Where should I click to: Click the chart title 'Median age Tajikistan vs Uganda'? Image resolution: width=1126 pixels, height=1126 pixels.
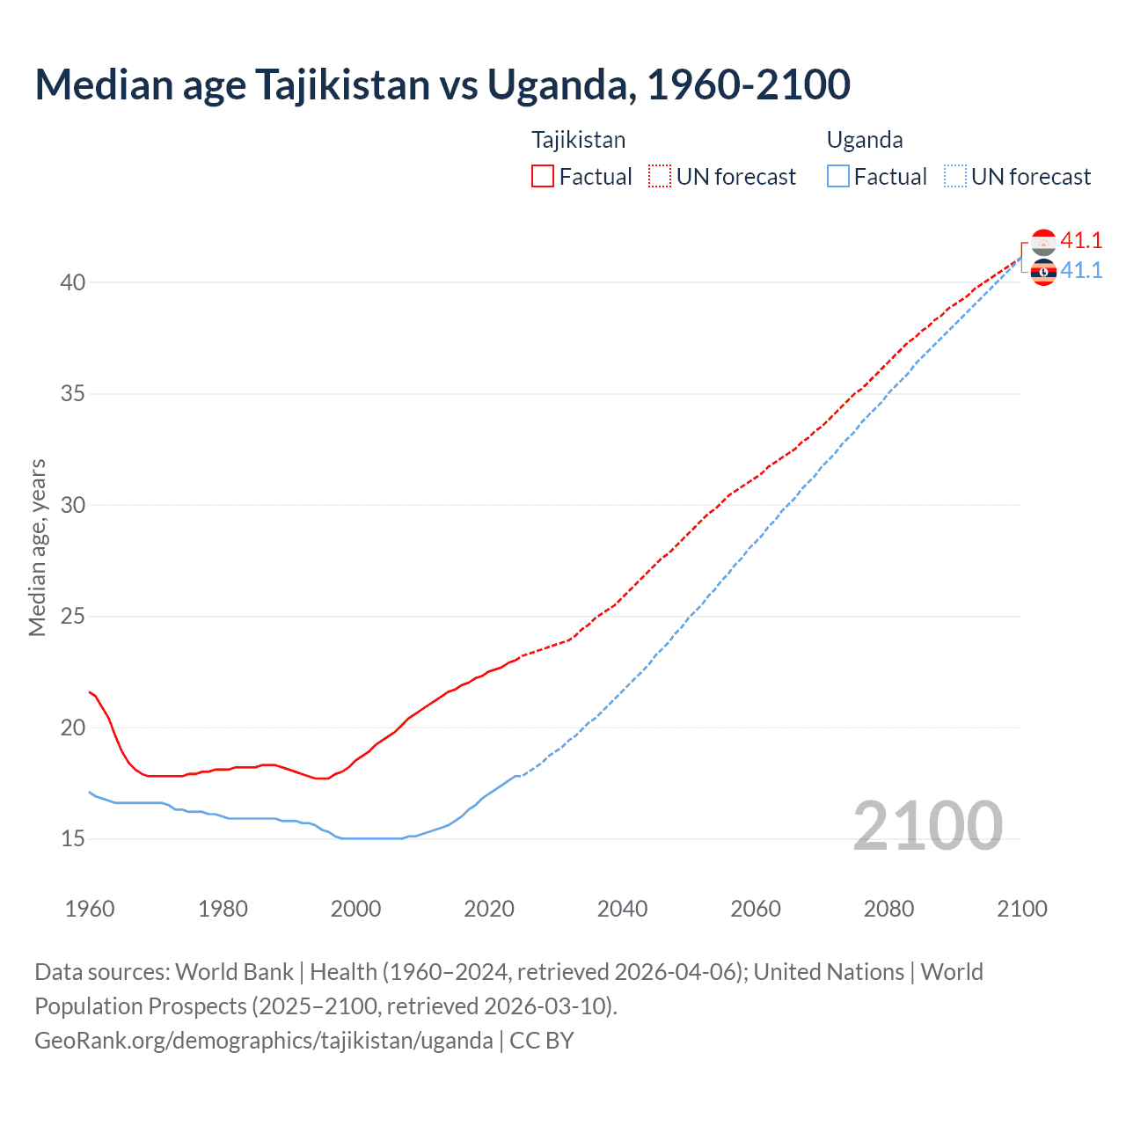click(442, 84)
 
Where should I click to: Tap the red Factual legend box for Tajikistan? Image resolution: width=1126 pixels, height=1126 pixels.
click(543, 176)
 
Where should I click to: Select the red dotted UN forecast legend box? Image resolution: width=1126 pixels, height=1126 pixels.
click(660, 176)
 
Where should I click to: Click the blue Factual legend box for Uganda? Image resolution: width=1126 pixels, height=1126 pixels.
click(838, 176)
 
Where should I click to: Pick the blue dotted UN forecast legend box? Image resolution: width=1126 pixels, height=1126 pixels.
click(955, 176)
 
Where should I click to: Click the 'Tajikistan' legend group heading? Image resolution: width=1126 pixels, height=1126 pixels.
click(578, 140)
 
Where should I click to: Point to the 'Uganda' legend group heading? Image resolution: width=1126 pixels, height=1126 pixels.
click(864, 140)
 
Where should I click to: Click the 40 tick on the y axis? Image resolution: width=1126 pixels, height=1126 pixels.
click(73, 282)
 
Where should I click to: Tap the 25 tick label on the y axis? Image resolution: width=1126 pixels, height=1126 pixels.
click(73, 616)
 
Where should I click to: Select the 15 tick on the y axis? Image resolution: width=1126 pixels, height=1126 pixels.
click(73, 838)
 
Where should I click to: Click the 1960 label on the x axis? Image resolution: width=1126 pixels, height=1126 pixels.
click(90, 909)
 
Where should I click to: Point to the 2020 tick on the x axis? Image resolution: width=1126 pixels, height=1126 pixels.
click(489, 909)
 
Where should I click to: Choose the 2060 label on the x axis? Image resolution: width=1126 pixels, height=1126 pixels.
click(756, 909)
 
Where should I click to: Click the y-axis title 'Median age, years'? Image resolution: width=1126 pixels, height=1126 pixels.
click(37, 547)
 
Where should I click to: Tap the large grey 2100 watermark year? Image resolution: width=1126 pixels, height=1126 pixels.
click(927, 825)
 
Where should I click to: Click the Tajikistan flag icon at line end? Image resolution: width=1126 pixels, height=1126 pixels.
click(1043, 242)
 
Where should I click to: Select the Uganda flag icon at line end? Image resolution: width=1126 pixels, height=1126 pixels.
click(1043, 273)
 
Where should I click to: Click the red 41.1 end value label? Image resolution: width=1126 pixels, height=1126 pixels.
click(1081, 240)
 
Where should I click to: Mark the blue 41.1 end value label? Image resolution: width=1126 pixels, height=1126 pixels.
click(1081, 270)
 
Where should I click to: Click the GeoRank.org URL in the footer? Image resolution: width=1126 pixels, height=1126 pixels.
click(264, 1040)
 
